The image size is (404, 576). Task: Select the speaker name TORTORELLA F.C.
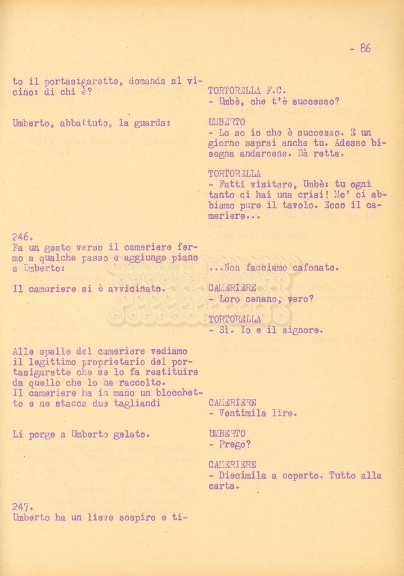click(247, 91)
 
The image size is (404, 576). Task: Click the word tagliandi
click(141, 403)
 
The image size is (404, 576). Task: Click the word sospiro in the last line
click(133, 517)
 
